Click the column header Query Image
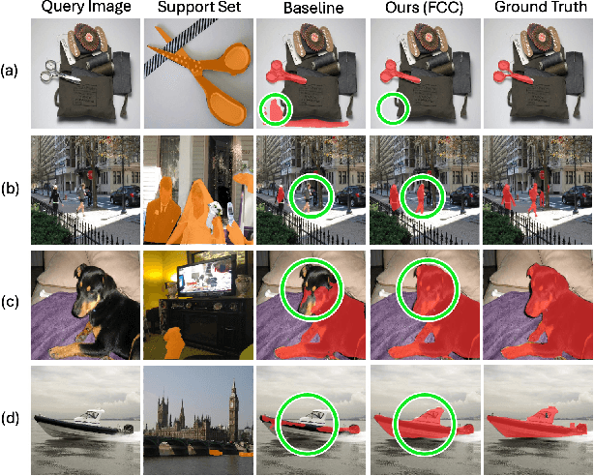click(x=85, y=7)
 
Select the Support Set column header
click(x=199, y=7)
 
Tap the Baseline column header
click(x=313, y=8)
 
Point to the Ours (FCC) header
click(x=425, y=8)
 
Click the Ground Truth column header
click(x=541, y=7)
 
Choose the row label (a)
click(x=9, y=71)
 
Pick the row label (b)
click(x=10, y=188)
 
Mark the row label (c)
click(x=9, y=303)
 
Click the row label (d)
click(x=10, y=418)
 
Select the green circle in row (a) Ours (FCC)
click(x=377, y=108)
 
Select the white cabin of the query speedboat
click(x=90, y=417)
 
